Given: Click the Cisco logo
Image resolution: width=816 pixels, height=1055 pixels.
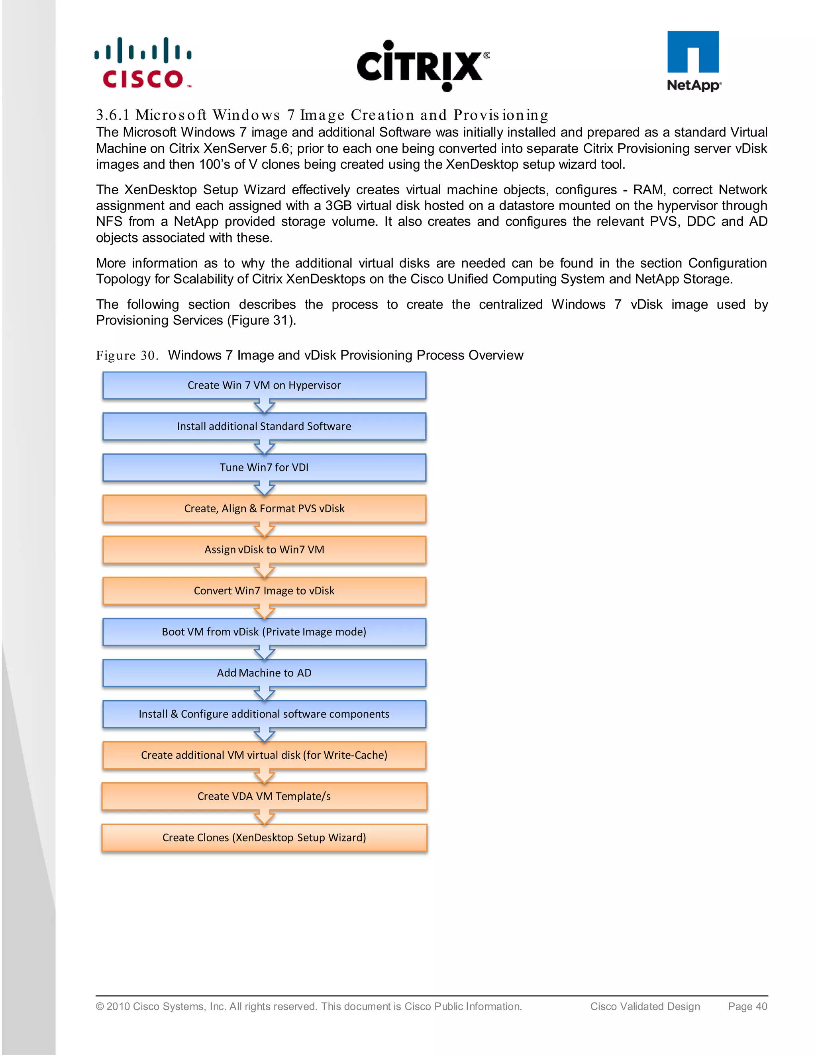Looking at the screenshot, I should tap(143, 63).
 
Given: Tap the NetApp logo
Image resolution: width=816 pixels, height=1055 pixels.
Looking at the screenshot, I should tap(693, 61).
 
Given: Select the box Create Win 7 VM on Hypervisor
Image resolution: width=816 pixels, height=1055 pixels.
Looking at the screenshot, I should tap(264, 385).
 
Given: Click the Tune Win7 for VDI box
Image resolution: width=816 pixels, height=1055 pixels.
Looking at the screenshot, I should tap(264, 468).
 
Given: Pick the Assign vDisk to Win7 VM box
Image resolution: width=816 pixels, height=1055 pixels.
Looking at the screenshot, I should tap(264, 550).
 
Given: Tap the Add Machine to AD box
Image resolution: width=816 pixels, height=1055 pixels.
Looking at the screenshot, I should tap(264, 673).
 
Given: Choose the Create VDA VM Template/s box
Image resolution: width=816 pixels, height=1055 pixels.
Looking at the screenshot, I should tap(264, 796).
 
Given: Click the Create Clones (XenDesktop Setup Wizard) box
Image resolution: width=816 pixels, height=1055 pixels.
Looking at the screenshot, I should tap(264, 838).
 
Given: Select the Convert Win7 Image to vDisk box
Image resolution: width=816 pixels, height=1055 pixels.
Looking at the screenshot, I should tap(264, 591).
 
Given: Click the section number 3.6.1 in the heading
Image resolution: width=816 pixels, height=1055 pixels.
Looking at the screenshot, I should tap(113, 115).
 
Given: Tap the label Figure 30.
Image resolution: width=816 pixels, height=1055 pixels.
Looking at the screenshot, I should tap(127, 356).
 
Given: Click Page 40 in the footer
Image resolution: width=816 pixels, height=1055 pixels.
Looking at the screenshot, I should tap(747, 1006).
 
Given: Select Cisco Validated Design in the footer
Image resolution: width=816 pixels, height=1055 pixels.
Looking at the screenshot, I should tap(645, 1006).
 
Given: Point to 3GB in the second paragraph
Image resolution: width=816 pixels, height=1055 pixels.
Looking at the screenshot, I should tap(338, 206).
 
